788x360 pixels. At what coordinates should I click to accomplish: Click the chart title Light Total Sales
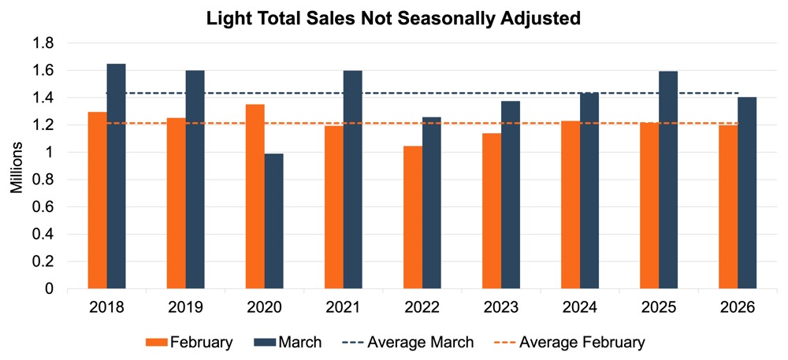(x=393, y=18)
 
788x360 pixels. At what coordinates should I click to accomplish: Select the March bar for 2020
(x=274, y=221)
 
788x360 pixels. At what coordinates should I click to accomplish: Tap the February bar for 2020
(x=255, y=197)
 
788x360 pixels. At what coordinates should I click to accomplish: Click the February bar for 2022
(x=412, y=217)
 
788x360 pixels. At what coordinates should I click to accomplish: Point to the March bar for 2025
(x=668, y=180)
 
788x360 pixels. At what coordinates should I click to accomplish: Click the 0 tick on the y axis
(x=49, y=289)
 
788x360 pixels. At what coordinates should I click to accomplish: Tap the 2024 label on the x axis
(x=579, y=306)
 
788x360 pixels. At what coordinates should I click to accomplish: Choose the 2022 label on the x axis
(x=422, y=306)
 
